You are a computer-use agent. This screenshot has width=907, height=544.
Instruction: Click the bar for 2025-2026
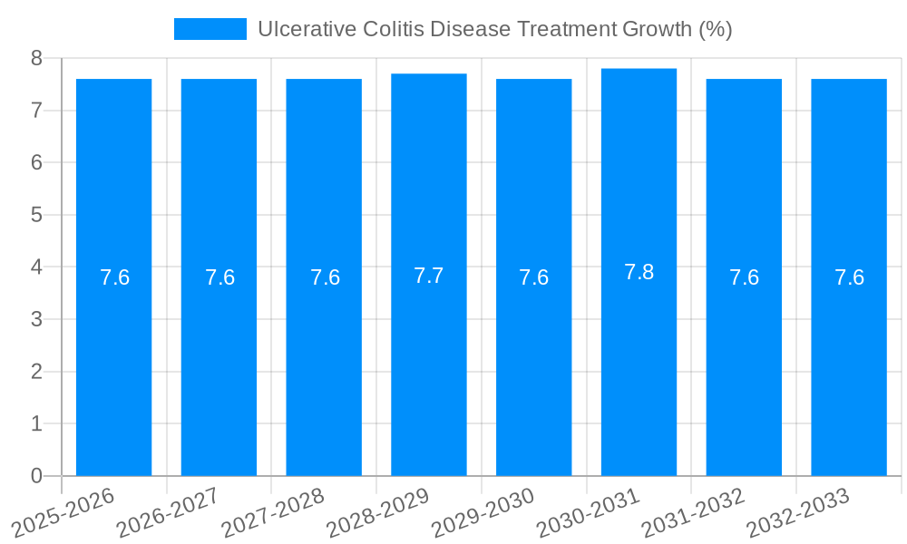pyautogui.click(x=113, y=363)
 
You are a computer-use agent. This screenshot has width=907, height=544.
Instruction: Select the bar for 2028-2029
pyautogui.click(x=429, y=363)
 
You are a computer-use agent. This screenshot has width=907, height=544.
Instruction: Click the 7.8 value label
pyautogui.click(x=639, y=272)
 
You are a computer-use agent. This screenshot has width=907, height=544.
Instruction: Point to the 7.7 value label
pyautogui.click(x=429, y=276)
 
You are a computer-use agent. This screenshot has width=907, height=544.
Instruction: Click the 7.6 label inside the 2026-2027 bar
pyautogui.click(x=219, y=277)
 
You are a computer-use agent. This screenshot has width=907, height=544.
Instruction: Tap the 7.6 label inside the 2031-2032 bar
pyautogui.click(x=744, y=277)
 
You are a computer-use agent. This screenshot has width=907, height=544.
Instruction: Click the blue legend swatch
pyautogui.click(x=210, y=29)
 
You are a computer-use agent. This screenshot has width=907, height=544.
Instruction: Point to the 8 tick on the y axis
pyautogui.click(x=36, y=58)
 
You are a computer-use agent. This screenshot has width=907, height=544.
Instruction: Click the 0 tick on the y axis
pyautogui.click(x=36, y=476)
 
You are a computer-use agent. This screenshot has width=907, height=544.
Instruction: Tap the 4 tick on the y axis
pyautogui.click(x=36, y=267)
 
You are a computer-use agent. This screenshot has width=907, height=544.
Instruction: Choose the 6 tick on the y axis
pyautogui.click(x=36, y=162)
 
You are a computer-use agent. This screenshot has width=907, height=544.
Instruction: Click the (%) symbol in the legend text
pyautogui.click(x=715, y=29)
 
